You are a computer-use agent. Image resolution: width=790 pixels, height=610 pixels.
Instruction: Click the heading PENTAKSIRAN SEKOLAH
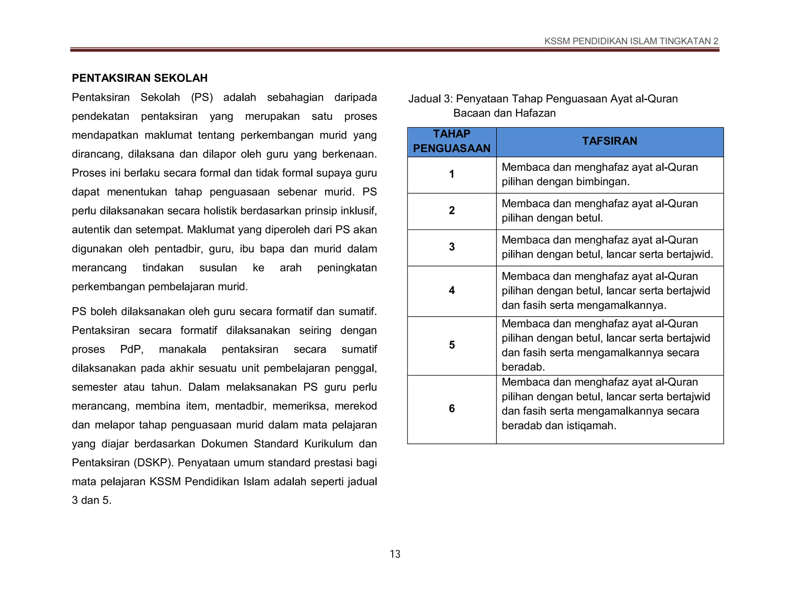[140, 78]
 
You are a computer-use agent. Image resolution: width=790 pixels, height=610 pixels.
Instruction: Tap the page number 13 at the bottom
[395, 554]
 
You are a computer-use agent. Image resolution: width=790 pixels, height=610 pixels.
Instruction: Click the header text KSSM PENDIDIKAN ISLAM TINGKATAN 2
[631, 41]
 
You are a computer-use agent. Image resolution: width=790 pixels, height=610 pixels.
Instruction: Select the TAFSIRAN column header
[609, 141]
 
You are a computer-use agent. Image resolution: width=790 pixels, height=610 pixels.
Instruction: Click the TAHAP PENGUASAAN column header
[452, 141]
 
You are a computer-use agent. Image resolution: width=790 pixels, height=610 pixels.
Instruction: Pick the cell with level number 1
[452, 174]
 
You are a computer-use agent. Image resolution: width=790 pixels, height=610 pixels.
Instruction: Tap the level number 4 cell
[452, 290]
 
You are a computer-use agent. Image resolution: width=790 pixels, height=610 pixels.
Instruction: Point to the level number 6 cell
[452, 409]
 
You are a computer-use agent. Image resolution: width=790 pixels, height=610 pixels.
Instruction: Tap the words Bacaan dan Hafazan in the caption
[504, 113]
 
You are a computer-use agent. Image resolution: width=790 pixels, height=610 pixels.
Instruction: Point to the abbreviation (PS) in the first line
[202, 97]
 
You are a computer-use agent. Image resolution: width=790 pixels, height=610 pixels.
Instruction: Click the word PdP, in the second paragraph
[132, 349]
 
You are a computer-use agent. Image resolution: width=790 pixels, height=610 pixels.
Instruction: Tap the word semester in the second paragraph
[94, 387]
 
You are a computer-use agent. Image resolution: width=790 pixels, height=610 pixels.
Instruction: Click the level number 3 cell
[452, 247]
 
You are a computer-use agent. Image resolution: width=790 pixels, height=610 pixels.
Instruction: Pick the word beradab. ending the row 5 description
[523, 367]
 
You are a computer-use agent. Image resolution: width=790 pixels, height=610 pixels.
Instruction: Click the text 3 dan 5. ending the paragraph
[91, 500]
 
